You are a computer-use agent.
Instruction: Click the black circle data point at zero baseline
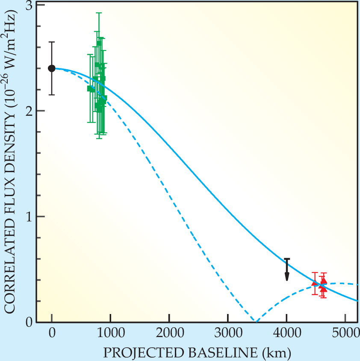pos(52,68)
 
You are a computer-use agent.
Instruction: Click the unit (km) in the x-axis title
pos(277,352)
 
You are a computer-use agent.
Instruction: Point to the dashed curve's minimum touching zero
pos(255,321)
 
